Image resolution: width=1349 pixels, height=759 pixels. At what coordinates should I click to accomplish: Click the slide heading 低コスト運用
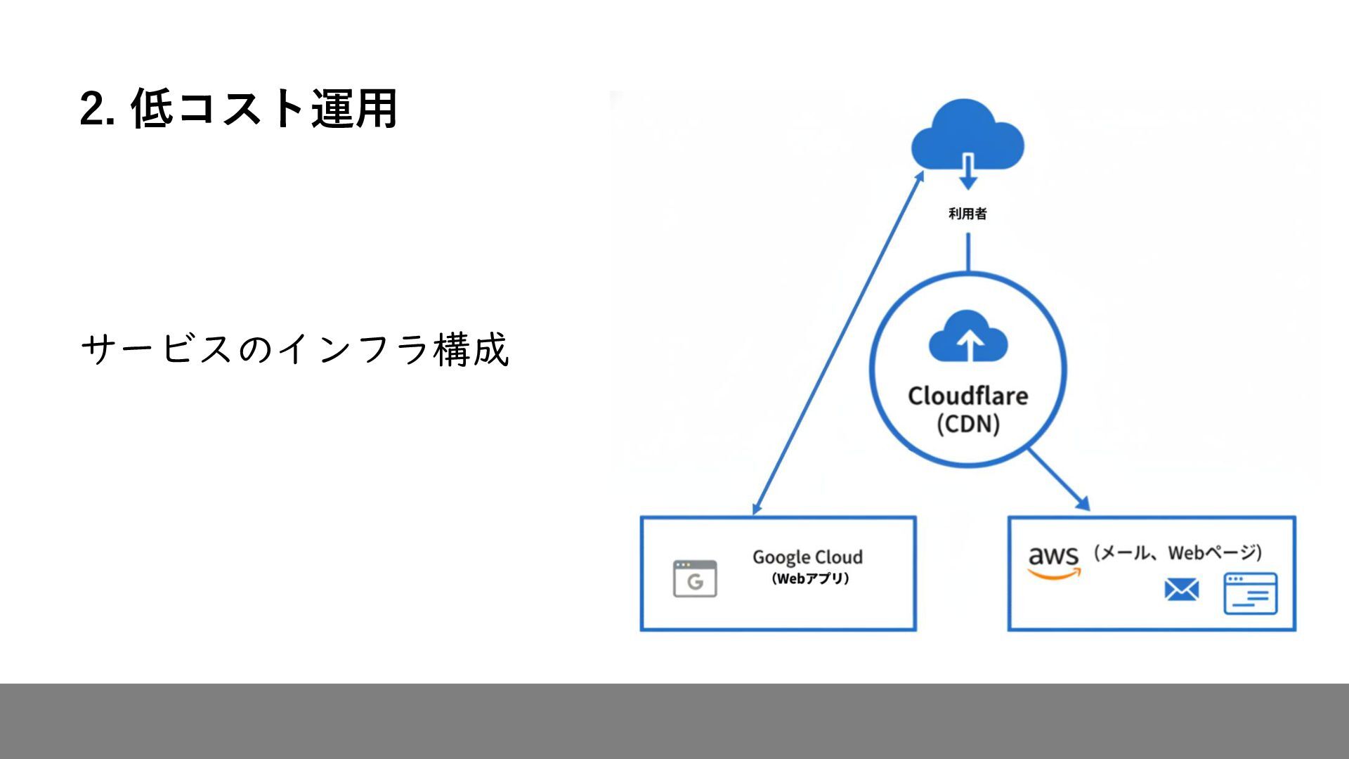pyautogui.click(x=264, y=109)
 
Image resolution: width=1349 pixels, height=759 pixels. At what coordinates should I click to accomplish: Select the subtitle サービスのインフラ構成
pyautogui.click(x=294, y=349)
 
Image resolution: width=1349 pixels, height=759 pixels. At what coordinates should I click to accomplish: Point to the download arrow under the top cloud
pyautogui.click(x=968, y=173)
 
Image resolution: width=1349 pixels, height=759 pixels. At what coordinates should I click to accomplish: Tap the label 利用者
pyautogui.click(x=967, y=214)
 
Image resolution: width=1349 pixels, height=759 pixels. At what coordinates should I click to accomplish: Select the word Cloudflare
pyautogui.click(x=967, y=396)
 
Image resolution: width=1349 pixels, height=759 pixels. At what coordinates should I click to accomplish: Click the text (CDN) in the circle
pyautogui.click(x=968, y=424)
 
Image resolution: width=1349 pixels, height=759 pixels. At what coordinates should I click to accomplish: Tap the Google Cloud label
pyautogui.click(x=807, y=557)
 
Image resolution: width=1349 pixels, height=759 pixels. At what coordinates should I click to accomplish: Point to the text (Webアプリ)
pyautogui.click(x=810, y=579)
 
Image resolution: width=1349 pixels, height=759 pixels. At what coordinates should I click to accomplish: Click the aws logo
pyautogui.click(x=1053, y=557)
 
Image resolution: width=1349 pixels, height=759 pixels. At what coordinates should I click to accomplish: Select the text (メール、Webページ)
pyautogui.click(x=1178, y=553)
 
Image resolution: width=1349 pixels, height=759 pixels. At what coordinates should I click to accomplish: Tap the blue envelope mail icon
pyautogui.click(x=1182, y=590)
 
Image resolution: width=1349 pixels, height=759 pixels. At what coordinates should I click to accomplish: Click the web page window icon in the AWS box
pyautogui.click(x=1250, y=593)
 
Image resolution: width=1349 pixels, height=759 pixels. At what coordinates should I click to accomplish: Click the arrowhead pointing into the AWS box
pyautogui.click(x=1083, y=503)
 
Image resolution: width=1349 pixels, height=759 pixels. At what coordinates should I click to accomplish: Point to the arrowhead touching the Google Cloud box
pyautogui.click(x=757, y=507)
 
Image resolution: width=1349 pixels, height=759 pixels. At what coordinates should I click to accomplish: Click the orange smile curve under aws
pyautogui.click(x=1053, y=574)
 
